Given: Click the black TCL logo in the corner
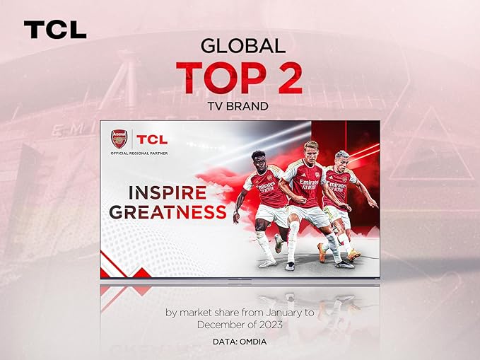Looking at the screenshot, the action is tap(55, 30).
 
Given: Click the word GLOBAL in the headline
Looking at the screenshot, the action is tap(242, 46).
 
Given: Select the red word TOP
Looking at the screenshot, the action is tap(221, 78).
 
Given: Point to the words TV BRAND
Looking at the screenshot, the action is tap(238, 106).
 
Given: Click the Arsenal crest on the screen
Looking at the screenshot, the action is tap(119, 139).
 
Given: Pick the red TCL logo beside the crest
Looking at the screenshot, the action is tap(152, 139).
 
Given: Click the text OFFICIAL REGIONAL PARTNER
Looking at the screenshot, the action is tap(139, 153).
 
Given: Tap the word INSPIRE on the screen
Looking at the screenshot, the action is tap(168, 192).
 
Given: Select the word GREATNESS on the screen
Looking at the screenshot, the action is tap(168, 212).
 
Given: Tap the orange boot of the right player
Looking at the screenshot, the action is tap(354, 255).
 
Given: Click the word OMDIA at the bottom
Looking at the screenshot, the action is tap(253, 342).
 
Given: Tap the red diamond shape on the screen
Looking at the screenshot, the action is tap(141, 273).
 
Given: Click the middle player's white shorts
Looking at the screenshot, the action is tap(308, 215).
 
